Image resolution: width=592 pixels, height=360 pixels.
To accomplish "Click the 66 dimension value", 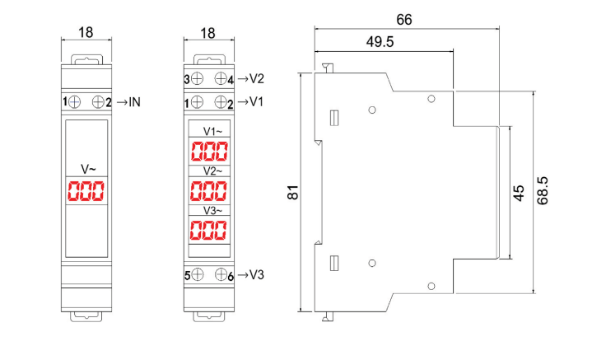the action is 404,20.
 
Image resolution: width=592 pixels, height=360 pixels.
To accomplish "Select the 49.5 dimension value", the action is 380,41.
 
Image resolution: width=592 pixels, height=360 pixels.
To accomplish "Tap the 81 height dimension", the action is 293,192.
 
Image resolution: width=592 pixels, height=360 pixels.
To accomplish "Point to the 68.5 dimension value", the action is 543,191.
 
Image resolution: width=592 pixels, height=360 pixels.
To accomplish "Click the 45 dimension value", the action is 519,193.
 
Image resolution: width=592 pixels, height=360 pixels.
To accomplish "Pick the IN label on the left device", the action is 134,102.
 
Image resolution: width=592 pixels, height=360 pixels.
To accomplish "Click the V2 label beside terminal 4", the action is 257,78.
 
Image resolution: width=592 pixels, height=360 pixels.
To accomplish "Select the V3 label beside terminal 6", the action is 257,274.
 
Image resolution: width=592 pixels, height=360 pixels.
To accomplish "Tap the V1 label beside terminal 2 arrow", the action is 256,101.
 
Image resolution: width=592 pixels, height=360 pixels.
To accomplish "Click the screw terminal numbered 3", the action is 197,78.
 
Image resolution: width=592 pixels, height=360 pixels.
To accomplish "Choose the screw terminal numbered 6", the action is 221,274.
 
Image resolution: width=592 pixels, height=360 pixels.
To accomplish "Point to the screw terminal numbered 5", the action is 197,274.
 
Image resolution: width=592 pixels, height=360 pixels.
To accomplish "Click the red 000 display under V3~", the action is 208,230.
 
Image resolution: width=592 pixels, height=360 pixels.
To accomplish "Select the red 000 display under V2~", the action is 209,190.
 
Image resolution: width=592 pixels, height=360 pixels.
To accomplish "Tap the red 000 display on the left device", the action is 86,191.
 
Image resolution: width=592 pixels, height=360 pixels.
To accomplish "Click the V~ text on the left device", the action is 88,169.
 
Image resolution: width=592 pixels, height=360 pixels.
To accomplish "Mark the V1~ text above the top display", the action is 213,131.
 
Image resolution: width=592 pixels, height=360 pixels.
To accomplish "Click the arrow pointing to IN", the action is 122,102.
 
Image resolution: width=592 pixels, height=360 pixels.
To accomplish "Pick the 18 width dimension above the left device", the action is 86,32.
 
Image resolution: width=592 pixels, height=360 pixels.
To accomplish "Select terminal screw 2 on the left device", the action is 98,102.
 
